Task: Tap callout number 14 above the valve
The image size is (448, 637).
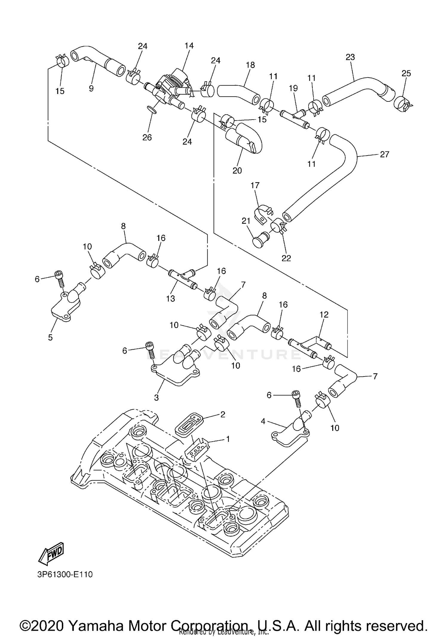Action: click(x=189, y=46)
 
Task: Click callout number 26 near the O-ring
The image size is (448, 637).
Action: click(x=147, y=137)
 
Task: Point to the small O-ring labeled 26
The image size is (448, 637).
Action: click(x=152, y=111)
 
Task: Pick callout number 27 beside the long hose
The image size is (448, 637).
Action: click(x=385, y=154)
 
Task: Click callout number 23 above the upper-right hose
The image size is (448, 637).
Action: click(x=350, y=57)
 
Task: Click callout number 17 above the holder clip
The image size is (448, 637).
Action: click(x=255, y=185)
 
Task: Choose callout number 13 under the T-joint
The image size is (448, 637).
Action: click(x=171, y=298)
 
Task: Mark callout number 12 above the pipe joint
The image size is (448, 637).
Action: click(x=324, y=314)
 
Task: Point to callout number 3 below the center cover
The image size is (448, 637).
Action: click(x=156, y=397)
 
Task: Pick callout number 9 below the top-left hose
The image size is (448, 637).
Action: click(x=91, y=88)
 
